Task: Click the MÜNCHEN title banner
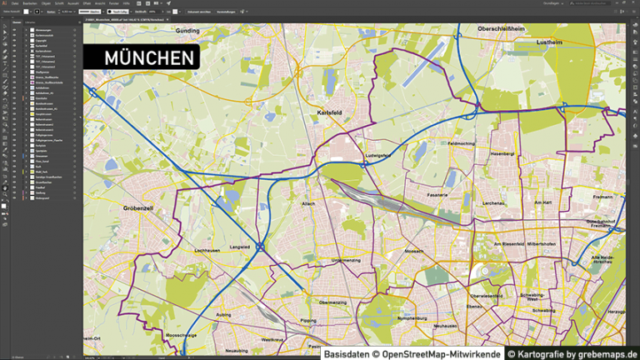point(142,57)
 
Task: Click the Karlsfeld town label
point(331,112)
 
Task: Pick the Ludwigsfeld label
point(377,156)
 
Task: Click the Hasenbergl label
point(502,154)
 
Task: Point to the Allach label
point(308,202)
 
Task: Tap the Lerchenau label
point(493,202)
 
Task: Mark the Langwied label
point(240,246)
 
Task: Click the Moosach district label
point(414,251)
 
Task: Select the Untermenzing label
point(334,261)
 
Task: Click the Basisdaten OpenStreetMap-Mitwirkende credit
point(412,353)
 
